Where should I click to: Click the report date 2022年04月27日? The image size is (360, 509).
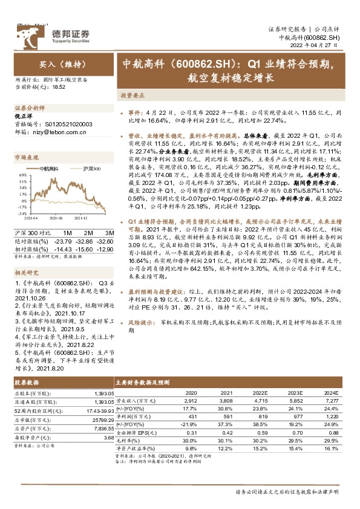[319, 45]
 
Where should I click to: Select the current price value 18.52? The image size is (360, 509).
[59, 87]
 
